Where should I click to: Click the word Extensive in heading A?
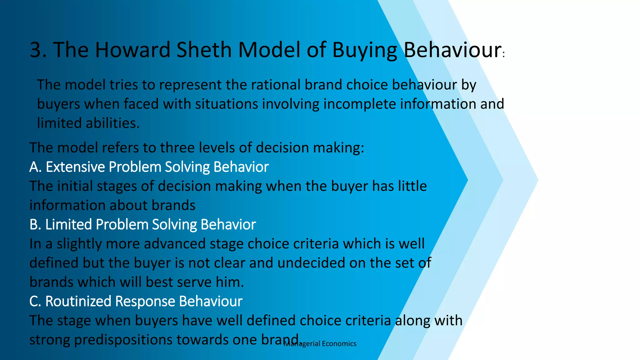(75, 167)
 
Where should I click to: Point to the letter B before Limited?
(34, 225)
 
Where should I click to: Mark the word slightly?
(79, 244)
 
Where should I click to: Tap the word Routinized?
(78, 302)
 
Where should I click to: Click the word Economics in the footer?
(339, 344)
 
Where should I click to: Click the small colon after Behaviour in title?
(504, 55)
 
